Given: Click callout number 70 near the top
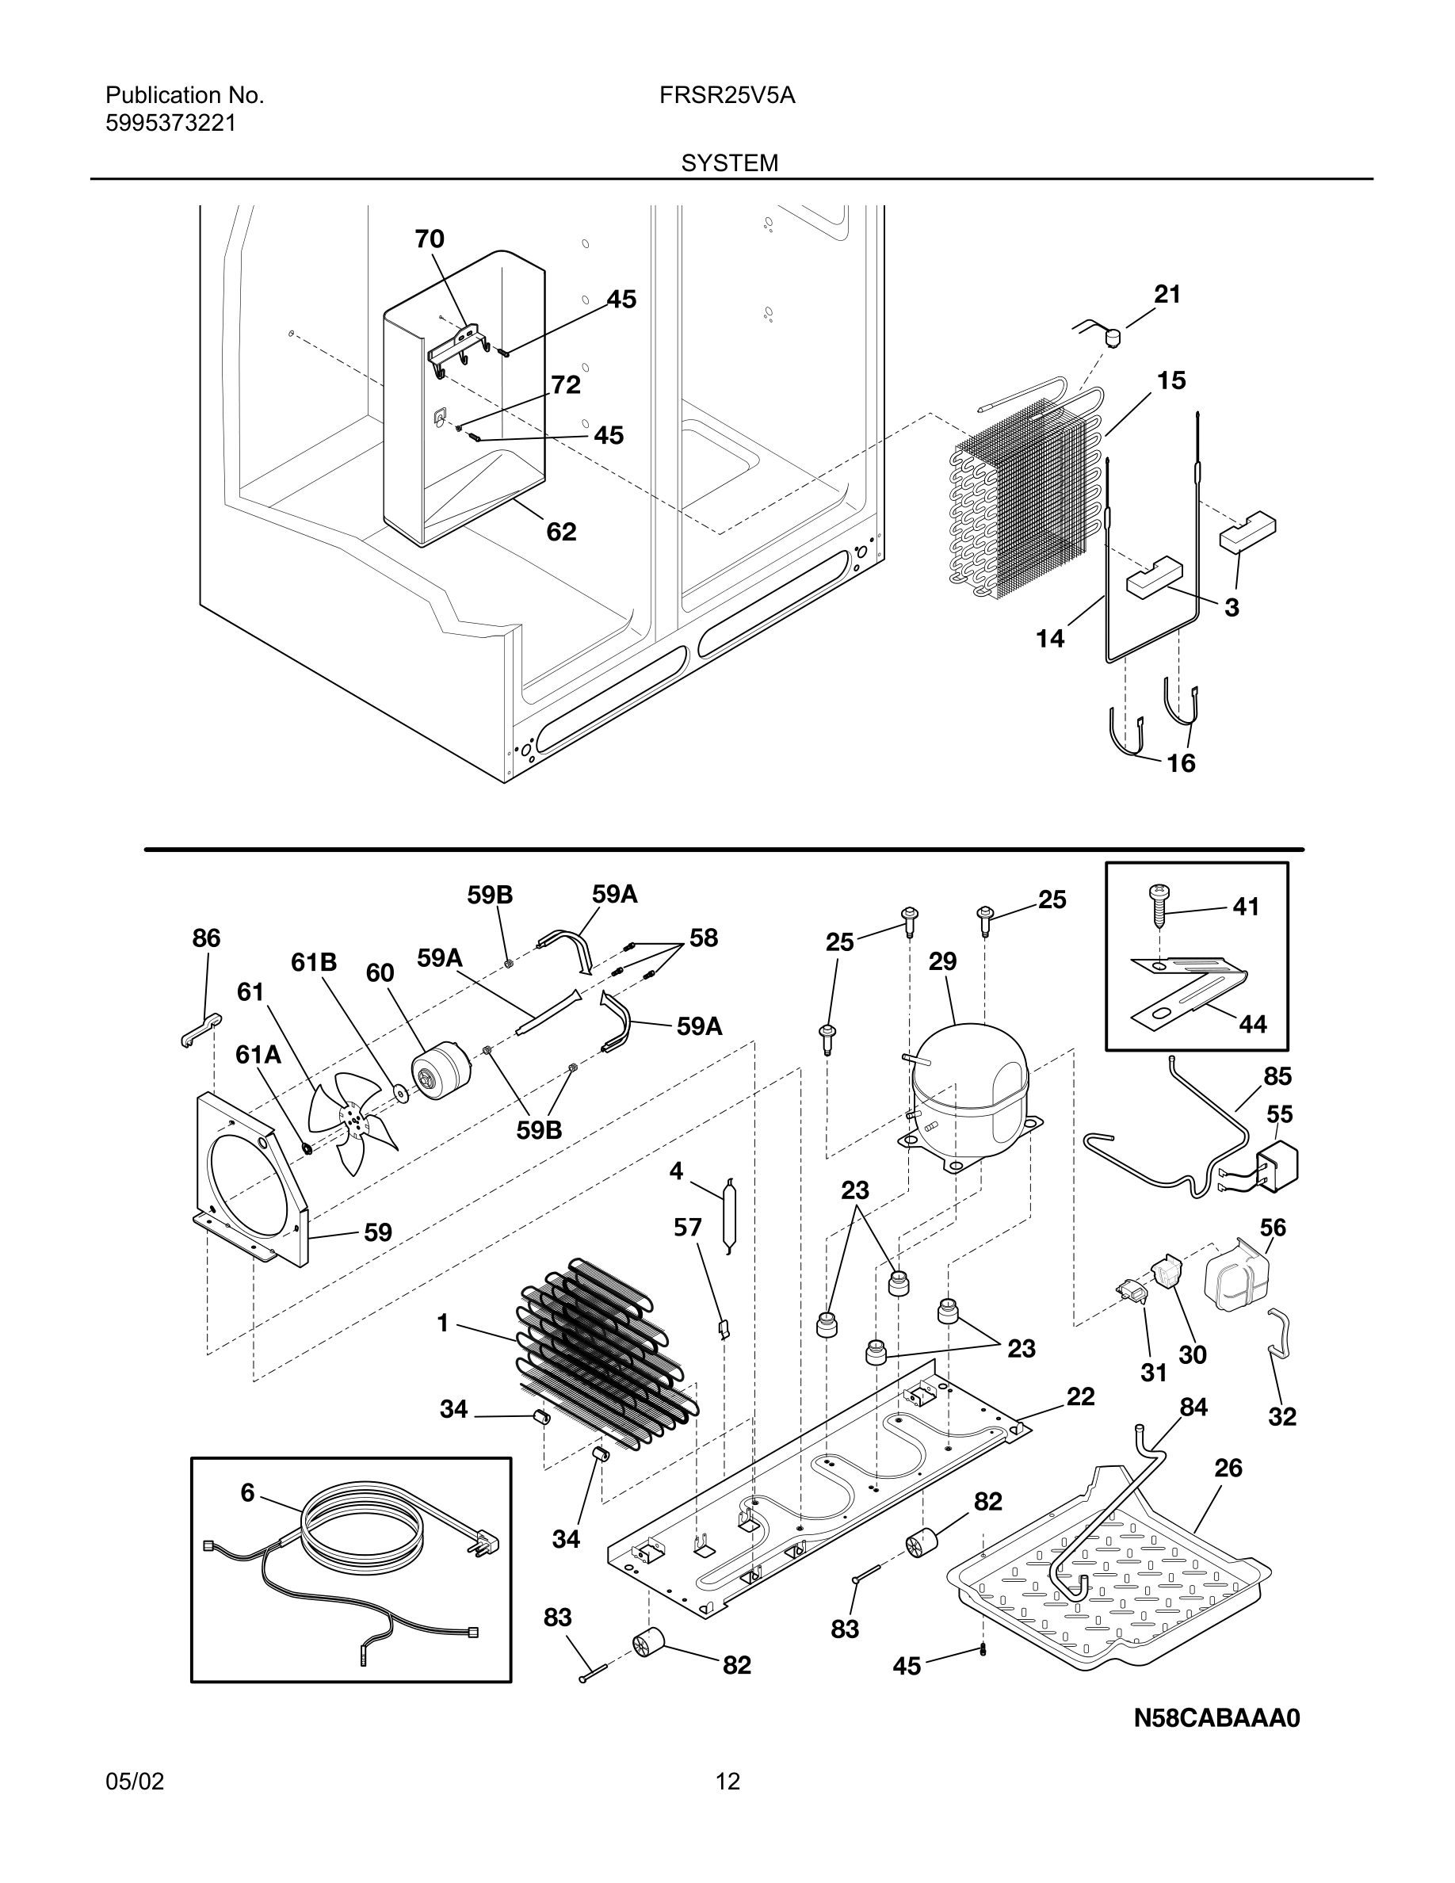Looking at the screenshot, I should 430,239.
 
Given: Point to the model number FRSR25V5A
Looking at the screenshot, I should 727,96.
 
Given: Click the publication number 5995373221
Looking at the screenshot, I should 170,124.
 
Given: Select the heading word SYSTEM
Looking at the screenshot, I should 729,163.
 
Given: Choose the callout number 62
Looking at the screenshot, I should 561,532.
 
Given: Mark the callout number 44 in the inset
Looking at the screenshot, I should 1252,1024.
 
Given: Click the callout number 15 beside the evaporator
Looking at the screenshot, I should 1170,380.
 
